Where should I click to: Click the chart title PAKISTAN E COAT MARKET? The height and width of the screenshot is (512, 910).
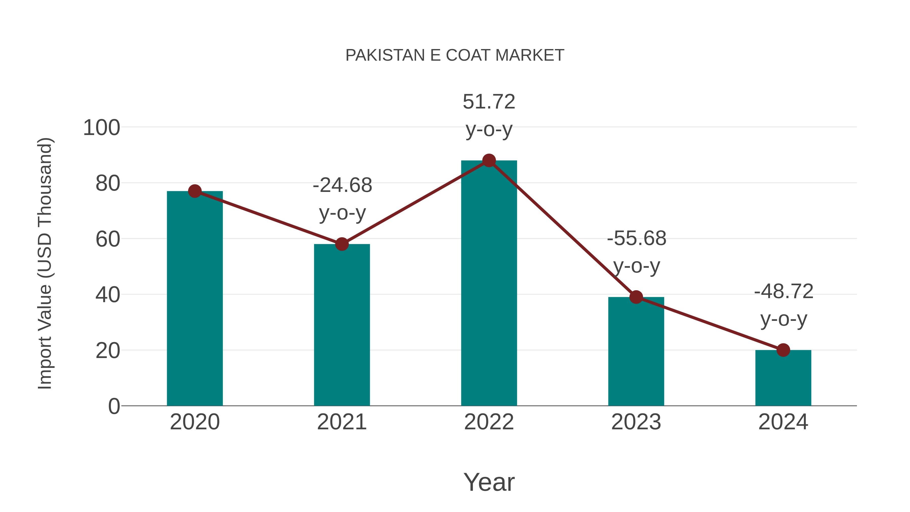pyautogui.click(x=455, y=55)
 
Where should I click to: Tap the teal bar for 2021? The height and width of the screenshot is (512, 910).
pyautogui.click(x=342, y=325)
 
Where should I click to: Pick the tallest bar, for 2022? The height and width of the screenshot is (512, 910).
pyautogui.click(x=489, y=283)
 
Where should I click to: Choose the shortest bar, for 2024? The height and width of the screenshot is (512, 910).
pyautogui.click(x=783, y=378)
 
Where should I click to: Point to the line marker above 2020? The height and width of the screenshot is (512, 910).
pyautogui.click(x=195, y=191)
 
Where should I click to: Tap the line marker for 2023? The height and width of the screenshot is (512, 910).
pyautogui.click(x=636, y=297)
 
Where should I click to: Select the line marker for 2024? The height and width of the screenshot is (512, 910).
pyautogui.click(x=783, y=350)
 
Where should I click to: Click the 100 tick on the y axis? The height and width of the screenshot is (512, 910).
pyautogui.click(x=102, y=128)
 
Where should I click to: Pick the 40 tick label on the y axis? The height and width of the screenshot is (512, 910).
pyautogui.click(x=108, y=295)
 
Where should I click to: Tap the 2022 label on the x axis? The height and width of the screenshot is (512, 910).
pyautogui.click(x=489, y=422)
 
